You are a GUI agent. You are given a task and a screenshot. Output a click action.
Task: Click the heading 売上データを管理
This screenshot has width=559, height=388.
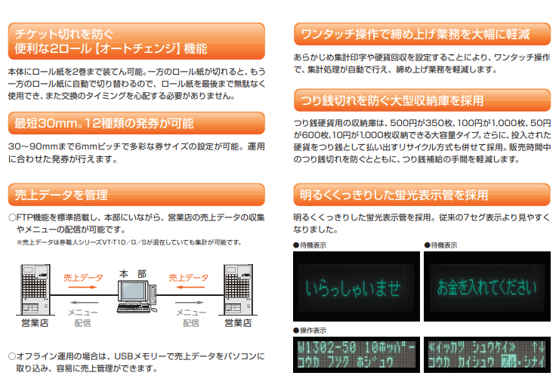(x=61, y=195)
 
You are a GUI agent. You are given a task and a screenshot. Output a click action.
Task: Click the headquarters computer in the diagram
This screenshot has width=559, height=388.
(x=137, y=297)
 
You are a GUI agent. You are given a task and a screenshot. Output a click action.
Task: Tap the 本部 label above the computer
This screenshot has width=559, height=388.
(x=133, y=273)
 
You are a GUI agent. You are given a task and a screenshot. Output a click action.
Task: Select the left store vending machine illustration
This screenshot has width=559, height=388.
(x=35, y=289)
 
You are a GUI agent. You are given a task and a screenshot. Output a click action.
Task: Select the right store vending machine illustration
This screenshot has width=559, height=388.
(x=238, y=289)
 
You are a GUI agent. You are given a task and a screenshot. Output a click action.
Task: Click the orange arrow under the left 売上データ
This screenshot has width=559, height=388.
(x=82, y=287)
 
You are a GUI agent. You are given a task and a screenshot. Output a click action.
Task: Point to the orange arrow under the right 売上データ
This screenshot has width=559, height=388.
(x=190, y=287)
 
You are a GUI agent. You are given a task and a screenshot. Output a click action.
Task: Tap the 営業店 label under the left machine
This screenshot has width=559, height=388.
(x=35, y=323)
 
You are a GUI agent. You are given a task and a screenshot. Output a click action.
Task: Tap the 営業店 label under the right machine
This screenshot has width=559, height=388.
(x=238, y=323)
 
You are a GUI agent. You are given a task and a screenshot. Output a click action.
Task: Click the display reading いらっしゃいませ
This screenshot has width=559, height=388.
(x=356, y=286)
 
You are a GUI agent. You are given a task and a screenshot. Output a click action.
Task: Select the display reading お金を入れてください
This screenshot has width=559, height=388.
(x=487, y=286)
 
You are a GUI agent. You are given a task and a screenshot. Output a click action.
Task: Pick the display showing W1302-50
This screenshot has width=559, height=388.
(x=356, y=355)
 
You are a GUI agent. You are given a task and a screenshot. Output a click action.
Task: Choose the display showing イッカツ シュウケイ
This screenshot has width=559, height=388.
(x=487, y=355)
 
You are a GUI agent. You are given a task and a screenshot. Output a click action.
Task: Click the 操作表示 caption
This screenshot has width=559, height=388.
(x=310, y=331)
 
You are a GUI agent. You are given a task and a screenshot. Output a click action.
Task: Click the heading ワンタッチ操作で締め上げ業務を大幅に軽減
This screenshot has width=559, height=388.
(x=415, y=34)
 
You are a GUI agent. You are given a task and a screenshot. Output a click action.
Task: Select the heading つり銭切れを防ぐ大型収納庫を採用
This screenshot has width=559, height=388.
(x=392, y=100)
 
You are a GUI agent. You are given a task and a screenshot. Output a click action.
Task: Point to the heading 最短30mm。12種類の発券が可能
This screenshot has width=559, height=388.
(x=103, y=123)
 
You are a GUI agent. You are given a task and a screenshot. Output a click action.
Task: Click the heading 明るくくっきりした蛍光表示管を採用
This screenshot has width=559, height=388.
(x=394, y=195)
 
